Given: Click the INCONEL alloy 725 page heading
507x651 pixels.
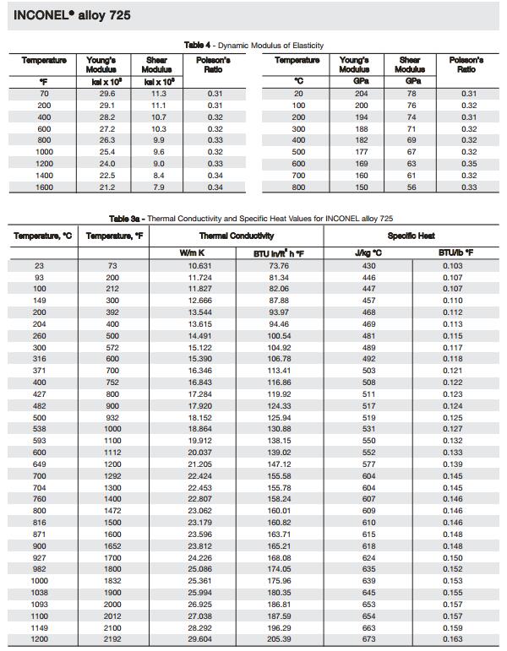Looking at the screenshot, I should [71, 15].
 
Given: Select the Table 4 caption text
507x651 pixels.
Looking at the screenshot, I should [253, 45].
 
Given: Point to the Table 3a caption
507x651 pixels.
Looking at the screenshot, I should [251, 219].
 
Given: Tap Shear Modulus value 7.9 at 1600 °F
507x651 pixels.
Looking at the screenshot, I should [158, 187].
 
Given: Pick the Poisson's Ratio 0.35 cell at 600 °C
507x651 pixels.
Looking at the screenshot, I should [469, 164].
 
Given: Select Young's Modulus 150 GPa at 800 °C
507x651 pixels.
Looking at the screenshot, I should [361, 187].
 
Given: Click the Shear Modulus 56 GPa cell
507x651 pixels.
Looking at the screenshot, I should [412, 187].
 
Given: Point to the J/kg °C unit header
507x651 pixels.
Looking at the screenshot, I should [369, 253].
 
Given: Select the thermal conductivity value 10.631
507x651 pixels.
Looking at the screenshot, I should [200, 266].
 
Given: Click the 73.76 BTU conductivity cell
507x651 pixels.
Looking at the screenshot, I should [279, 266].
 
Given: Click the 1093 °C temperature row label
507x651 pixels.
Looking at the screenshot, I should [40, 605].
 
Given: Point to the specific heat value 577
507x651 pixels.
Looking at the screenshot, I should [369, 464].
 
